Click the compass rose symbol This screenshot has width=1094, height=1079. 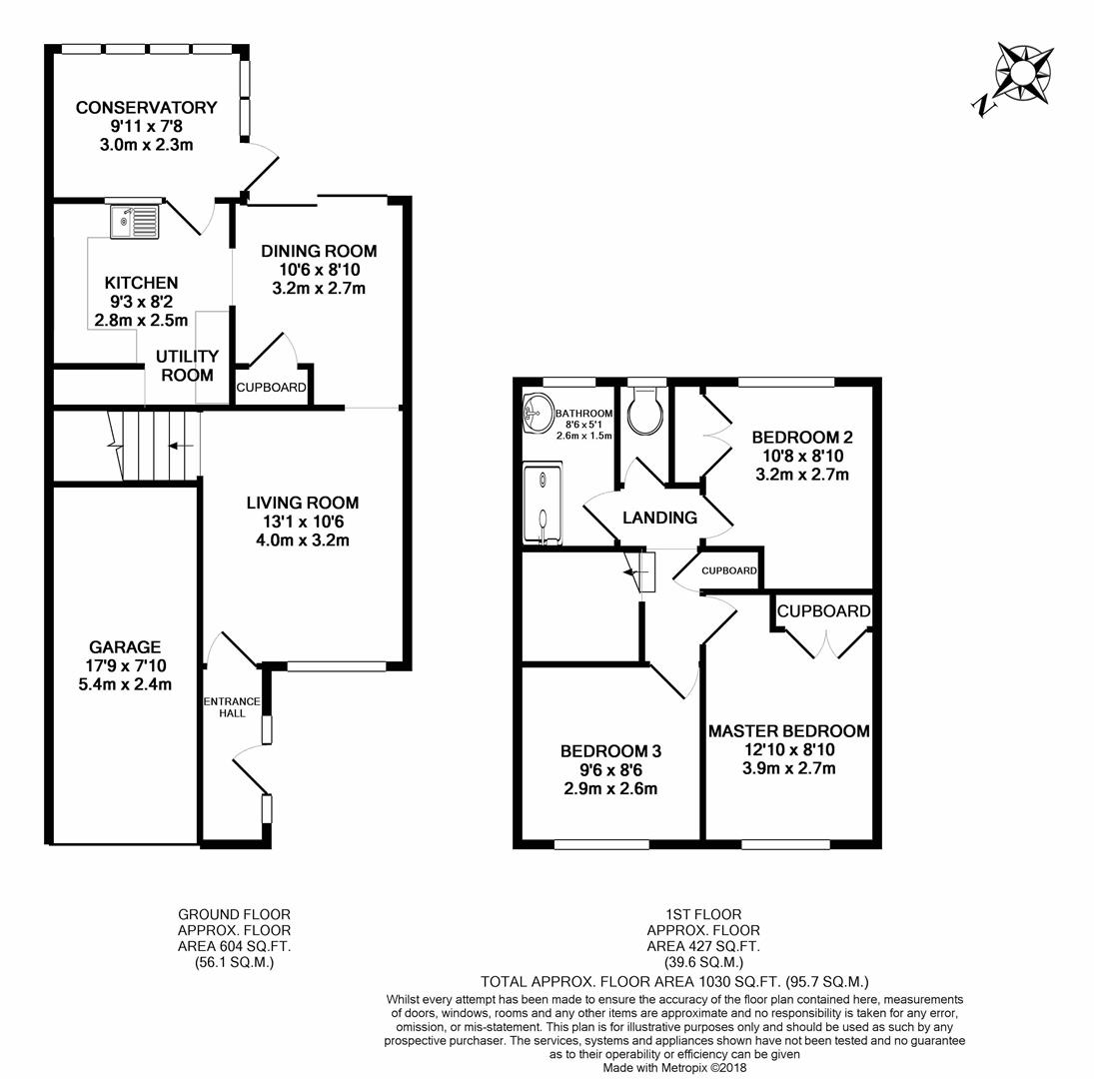point(1021,71)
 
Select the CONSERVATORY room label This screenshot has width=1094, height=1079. point(146,108)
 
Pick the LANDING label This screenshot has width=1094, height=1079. point(659,518)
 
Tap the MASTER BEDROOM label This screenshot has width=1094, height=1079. point(788,731)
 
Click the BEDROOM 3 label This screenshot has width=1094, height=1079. point(610,751)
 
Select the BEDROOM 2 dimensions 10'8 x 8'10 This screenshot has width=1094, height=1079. point(802,456)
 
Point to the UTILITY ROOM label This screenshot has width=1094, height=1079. point(187,366)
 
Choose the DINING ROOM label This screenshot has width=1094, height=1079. point(319,251)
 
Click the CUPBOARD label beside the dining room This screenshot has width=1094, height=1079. point(271,388)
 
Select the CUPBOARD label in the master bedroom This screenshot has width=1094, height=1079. point(823,611)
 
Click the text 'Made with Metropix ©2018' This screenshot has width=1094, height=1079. point(674,1067)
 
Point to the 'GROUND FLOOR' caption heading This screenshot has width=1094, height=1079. point(234,914)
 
